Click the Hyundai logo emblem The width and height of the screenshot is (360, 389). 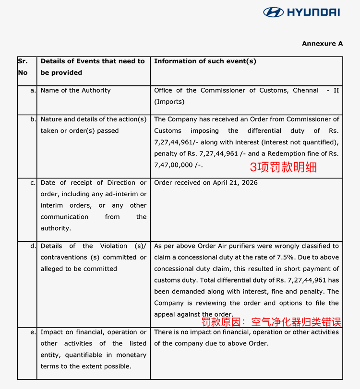pyautogui.click(x=273, y=12)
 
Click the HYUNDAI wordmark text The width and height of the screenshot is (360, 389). pyautogui.click(x=313, y=12)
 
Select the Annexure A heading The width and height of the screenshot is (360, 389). pyautogui.click(x=322, y=44)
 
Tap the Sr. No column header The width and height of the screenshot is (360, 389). pyautogui.click(x=23, y=67)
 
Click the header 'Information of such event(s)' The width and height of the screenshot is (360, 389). pyautogui.click(x=205, y=61)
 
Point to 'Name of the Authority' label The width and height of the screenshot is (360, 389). pyautogui.click(x=75, y=91)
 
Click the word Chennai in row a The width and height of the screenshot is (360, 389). pyautogui.click(x=306, y=91)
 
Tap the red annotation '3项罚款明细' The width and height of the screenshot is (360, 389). pyautogui.click(x=283, y=167)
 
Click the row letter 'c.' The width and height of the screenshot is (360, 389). pyautogui.click(x=33, y=183)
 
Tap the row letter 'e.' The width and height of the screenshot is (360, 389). pyautogui.click(x=33, y=332)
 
